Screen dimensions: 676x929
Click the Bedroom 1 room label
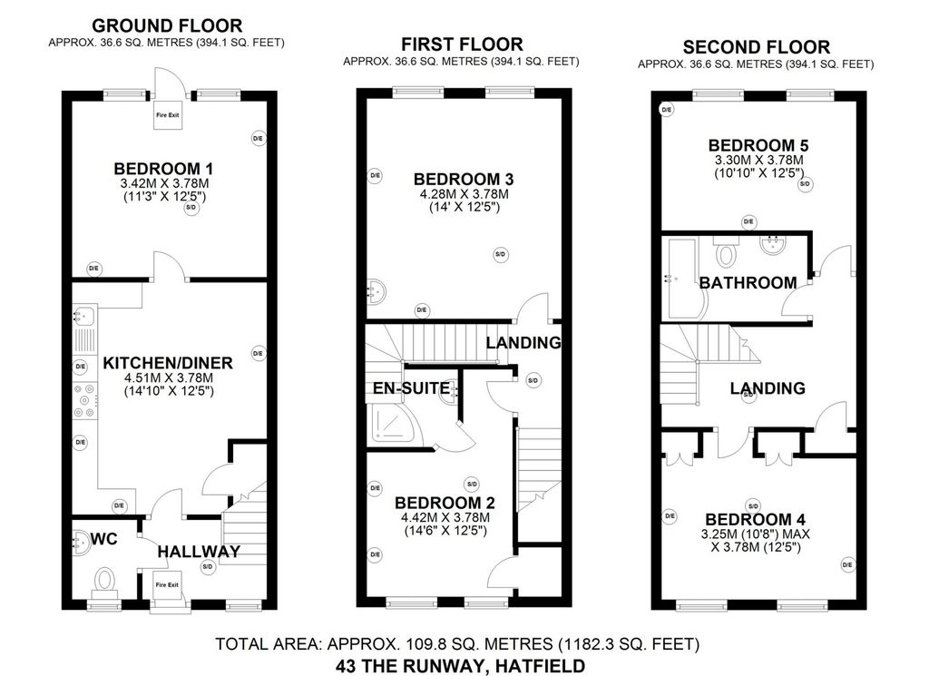[164, 169]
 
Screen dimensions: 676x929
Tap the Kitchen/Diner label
[167, 363]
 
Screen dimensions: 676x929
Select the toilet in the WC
[106, 578]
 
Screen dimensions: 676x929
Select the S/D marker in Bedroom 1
[191, 208]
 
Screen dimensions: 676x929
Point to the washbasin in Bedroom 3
[376, 290]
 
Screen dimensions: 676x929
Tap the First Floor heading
[463, 44]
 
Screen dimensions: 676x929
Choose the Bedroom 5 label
[758, 145]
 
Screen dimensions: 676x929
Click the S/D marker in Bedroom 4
[752, 505]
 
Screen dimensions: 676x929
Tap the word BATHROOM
[748, 283]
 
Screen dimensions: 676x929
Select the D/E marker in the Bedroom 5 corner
[667, 109]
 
